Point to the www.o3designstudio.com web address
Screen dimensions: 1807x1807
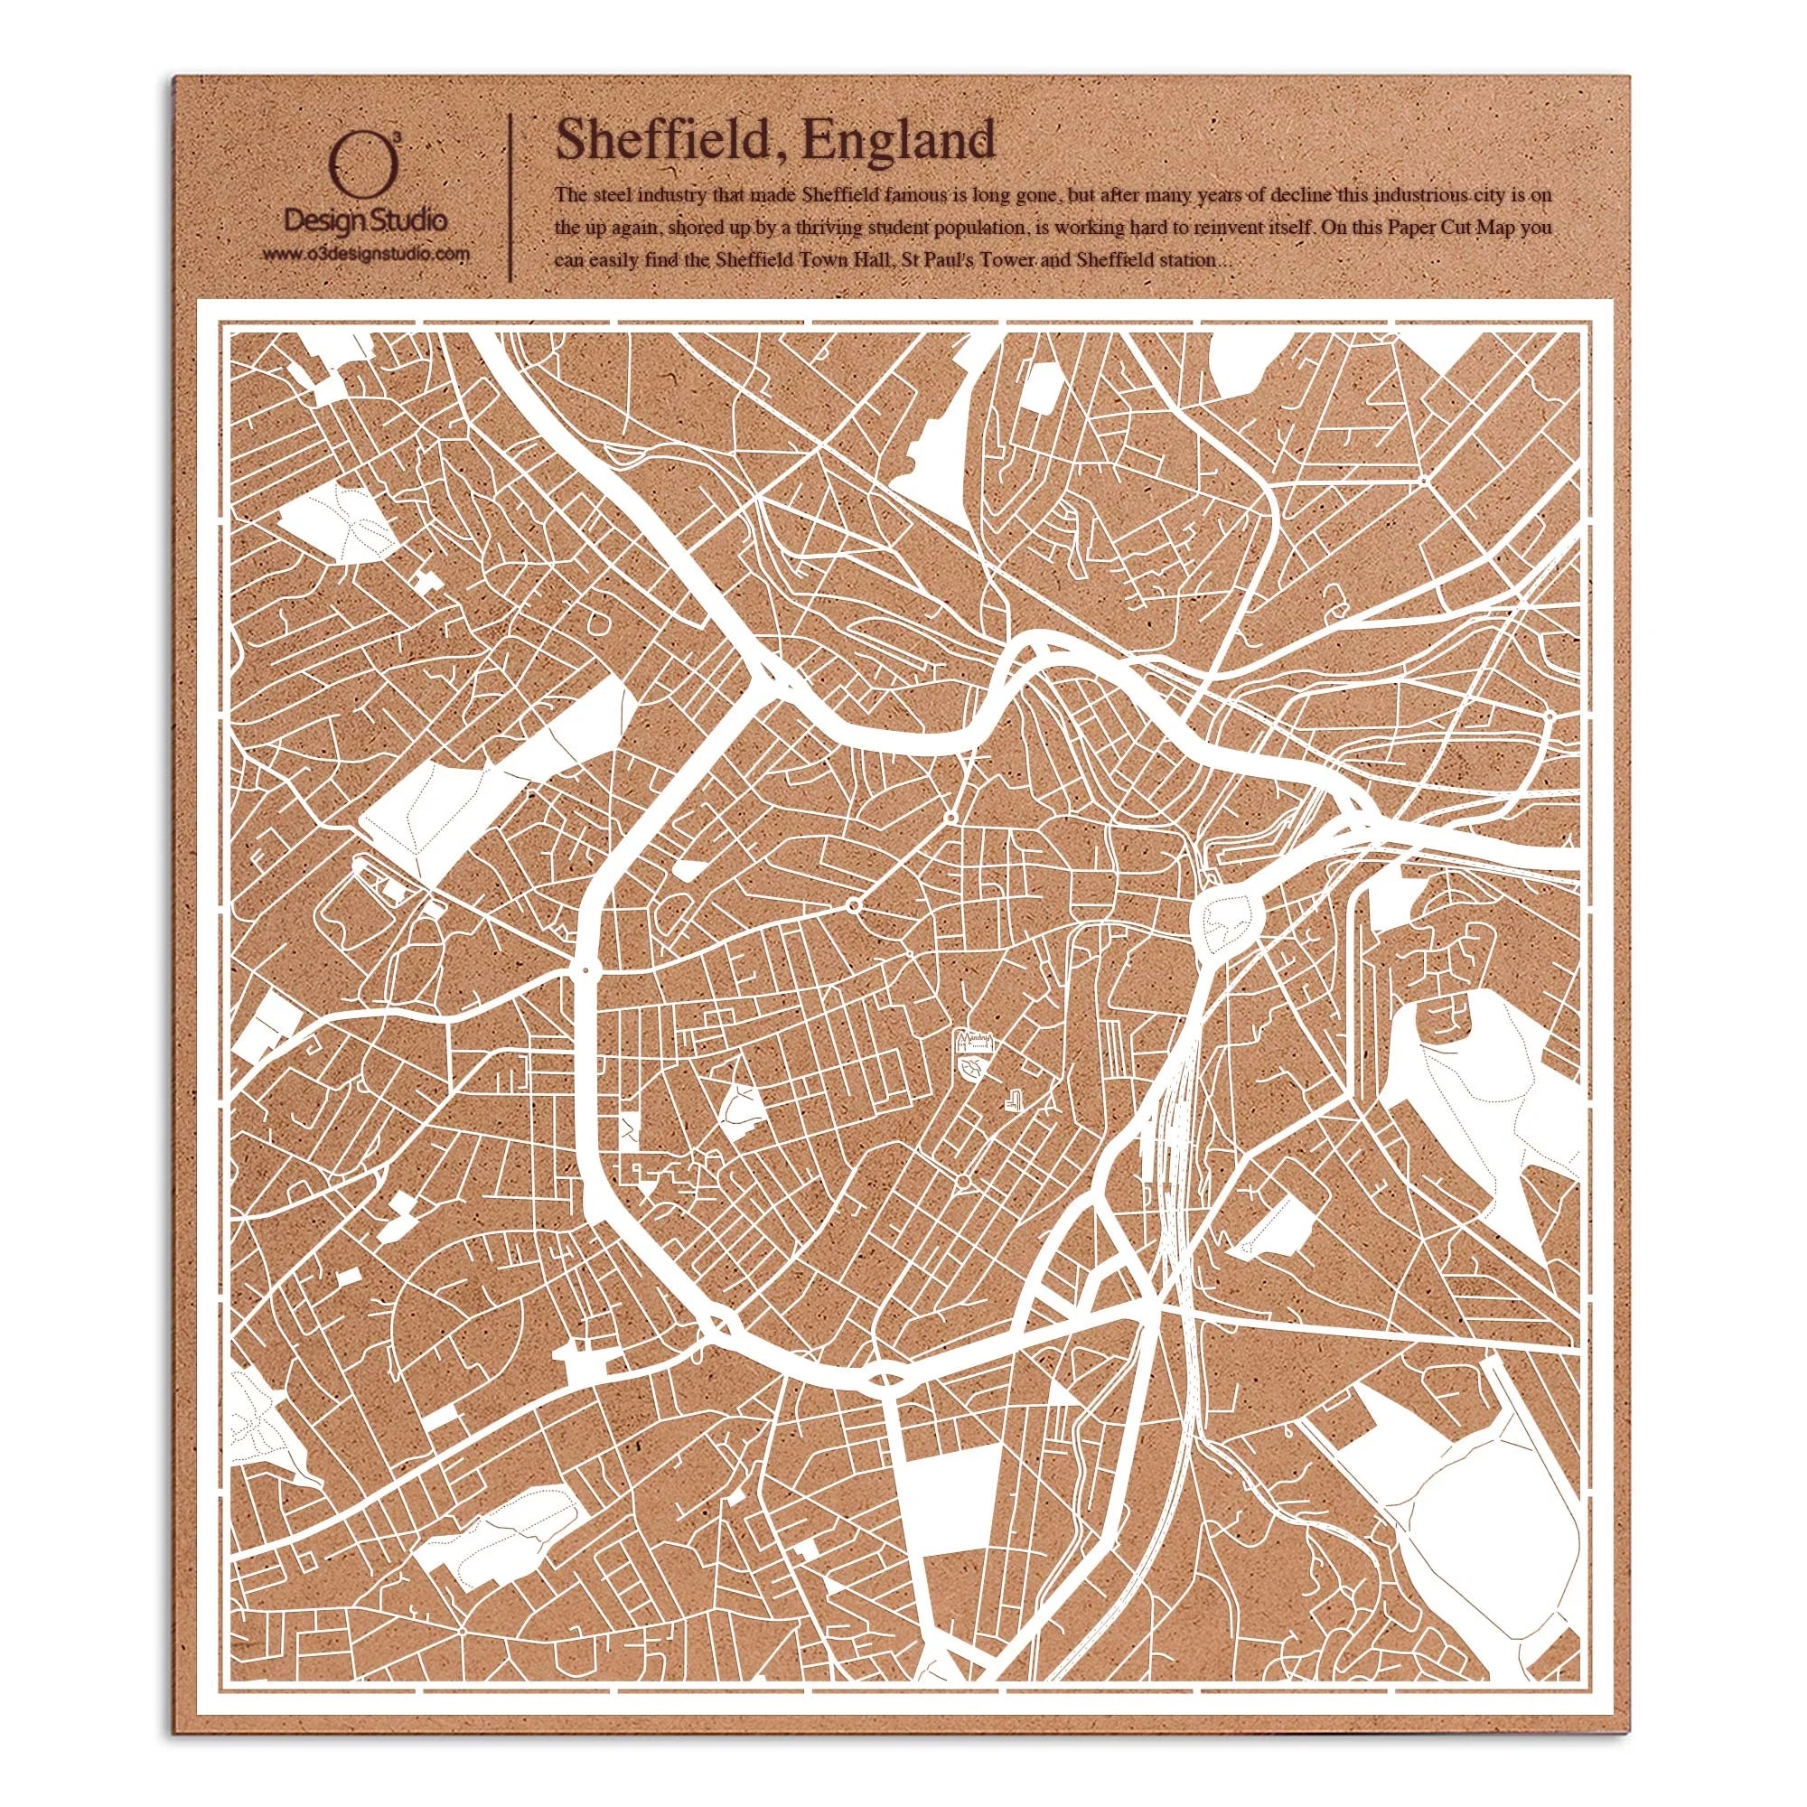point(365,254)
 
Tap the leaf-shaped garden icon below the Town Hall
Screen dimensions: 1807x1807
point(973,1066)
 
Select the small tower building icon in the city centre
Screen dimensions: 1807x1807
point(1014,1100)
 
